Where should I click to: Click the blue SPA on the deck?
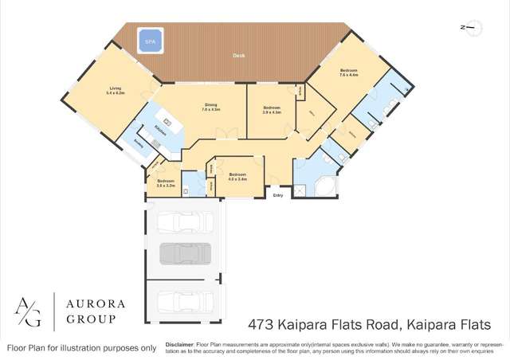pyautogui.click(x=151, y=41)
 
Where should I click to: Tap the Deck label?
pyautogui.click(x=239, y=56)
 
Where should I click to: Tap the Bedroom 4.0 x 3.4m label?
pyautogui.click(x=237, y=176)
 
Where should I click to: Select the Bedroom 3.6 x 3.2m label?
pyautogui.click(x=165, y=182)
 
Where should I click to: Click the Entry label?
pyautogui.click(x=278, y=195)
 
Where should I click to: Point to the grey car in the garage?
pyautogui.click(x=185, y=253)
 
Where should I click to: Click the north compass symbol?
pyautogui.click(x=471, y=28)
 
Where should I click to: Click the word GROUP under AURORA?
pyautogui.click(x=90, y=319)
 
